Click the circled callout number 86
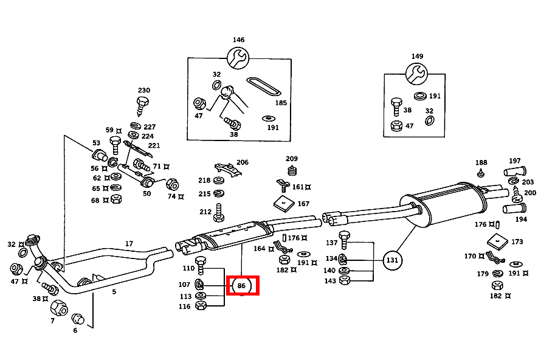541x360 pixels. (242, 285)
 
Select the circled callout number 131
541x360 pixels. (393, 260)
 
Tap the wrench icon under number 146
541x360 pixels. (238, 58)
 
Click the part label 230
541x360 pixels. (143, 89)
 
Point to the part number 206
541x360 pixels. (243, 162)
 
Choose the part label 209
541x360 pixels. (292, 158)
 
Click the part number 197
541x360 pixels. (515, 161)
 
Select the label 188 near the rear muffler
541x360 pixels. (481, 162)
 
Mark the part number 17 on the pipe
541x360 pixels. (129, 244)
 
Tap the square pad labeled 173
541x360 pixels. (498, 241)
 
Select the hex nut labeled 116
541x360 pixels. (202, 306)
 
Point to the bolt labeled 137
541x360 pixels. (344, 238)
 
